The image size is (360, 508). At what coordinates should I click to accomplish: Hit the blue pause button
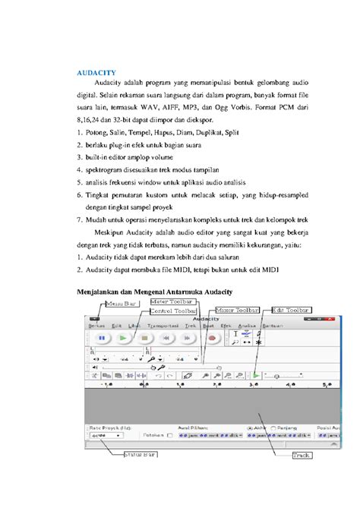(x=100, y=338)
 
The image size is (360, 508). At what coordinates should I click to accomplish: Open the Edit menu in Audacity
(x=116, y=326)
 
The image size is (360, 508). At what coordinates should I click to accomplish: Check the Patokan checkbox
(x=169, y=436)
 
